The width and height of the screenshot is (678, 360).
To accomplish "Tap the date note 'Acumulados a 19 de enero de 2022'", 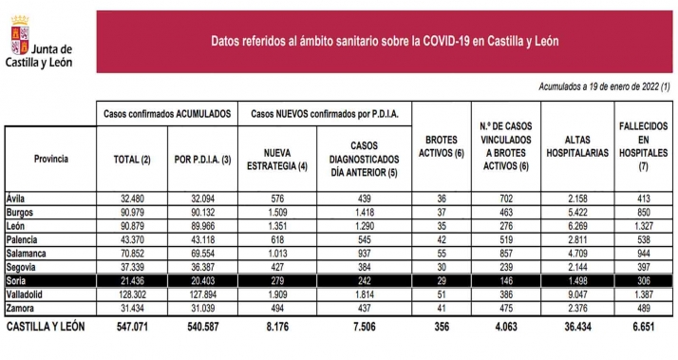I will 604,86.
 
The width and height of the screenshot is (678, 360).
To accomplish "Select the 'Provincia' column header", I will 50,159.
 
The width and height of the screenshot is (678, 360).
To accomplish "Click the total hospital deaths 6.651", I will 643,327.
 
